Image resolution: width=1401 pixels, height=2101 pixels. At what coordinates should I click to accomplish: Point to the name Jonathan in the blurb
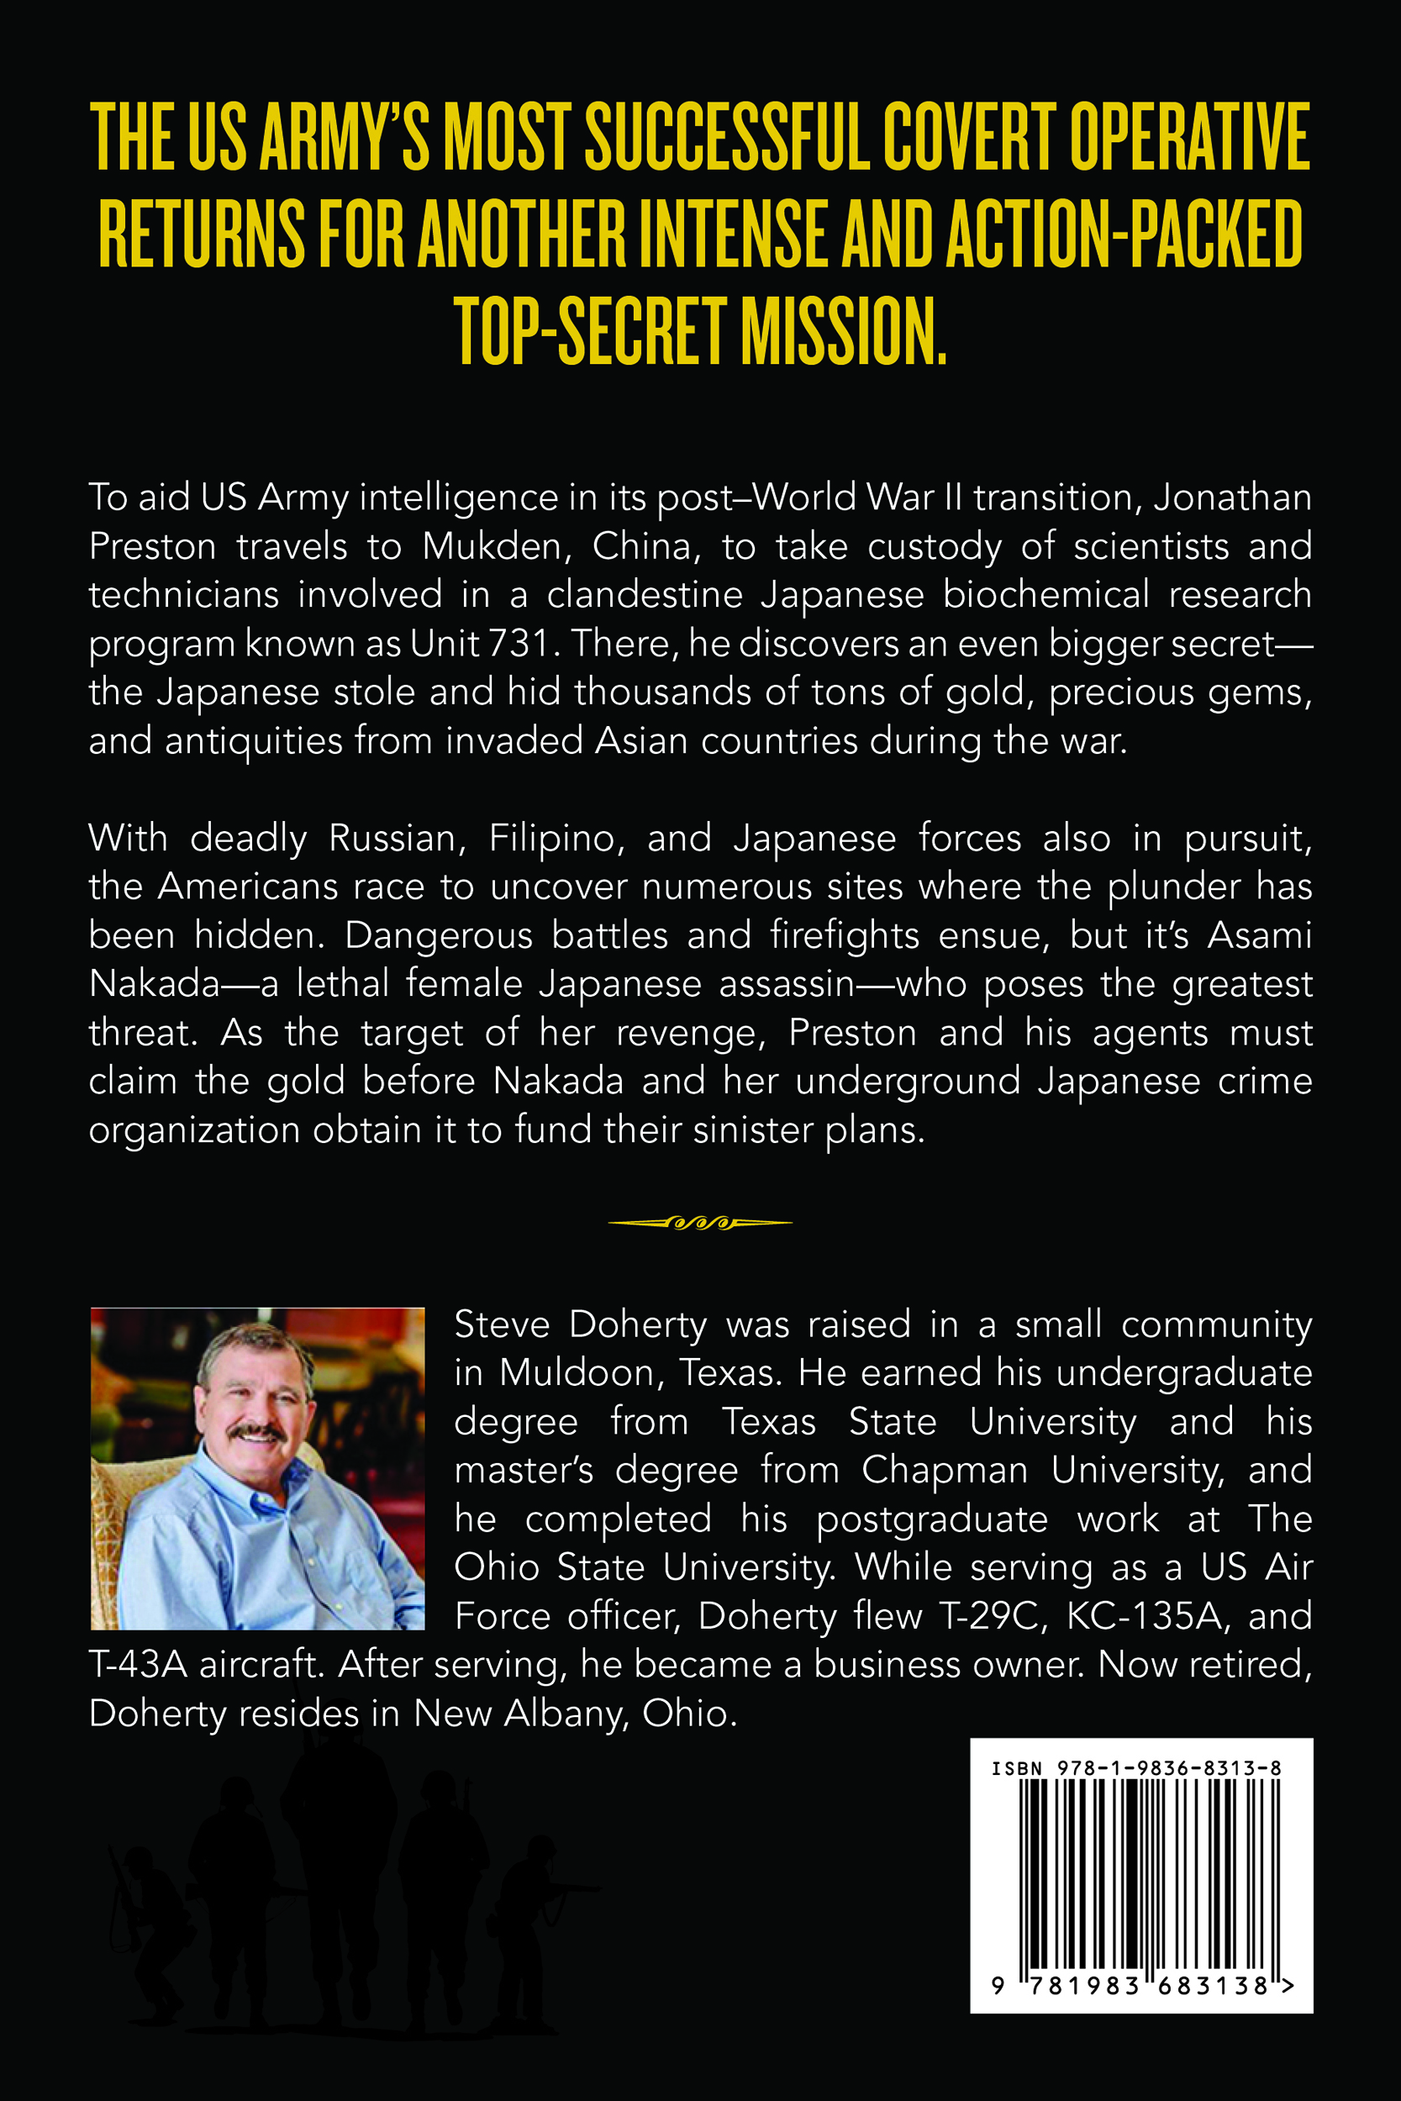coord(1232,497)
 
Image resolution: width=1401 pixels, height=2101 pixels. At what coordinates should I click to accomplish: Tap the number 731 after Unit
coord(520,643)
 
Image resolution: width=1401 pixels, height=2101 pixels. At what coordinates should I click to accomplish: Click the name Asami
coord(1260,935)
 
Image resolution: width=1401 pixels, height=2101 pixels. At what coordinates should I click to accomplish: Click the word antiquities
coord(254,740)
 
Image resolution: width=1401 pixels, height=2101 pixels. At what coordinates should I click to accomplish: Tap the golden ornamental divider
coord(699,1223)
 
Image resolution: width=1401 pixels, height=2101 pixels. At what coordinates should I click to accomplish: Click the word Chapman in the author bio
coord(945,1471)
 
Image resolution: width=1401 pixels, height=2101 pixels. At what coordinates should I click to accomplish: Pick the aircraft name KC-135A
coord(1145,1616)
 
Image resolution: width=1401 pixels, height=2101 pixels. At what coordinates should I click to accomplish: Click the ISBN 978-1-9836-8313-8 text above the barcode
coord(1136,1768)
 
